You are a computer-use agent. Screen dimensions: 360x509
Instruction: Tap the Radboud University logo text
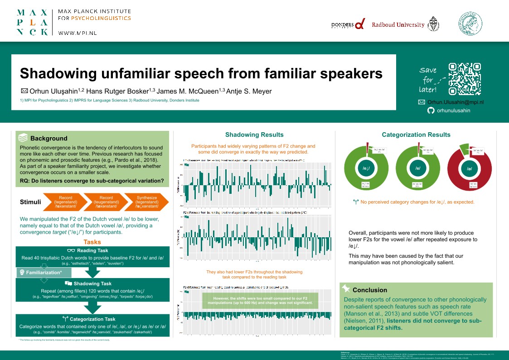[398, 25]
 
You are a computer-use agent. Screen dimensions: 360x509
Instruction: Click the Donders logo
[348, 25]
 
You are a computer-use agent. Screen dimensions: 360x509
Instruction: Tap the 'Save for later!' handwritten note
[428, 80]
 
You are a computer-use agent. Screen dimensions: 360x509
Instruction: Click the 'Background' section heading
[48, 139]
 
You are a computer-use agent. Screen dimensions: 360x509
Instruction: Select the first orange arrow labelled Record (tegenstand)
[65, 202]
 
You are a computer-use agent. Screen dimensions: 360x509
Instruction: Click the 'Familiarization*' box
[44, 273]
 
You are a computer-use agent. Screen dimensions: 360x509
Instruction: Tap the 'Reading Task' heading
[92, 250]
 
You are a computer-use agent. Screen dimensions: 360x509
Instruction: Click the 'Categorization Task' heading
[92, 318]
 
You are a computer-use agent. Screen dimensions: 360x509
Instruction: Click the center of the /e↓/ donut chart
[366, 168]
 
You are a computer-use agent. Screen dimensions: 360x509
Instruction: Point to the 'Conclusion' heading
[370, 290]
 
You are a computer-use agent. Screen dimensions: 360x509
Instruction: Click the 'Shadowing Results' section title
[254, 134]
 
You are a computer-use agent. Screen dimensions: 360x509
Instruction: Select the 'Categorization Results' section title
[416, 134]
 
